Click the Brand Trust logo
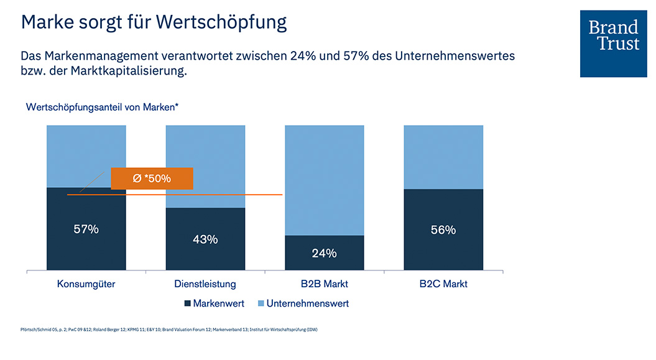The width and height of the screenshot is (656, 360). click(613, 44)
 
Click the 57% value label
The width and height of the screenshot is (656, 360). click(86, 229)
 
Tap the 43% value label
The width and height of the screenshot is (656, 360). click(205, 239)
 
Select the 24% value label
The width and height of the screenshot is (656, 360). click(324, 253)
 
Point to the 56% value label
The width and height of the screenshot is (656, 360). click(443, 229)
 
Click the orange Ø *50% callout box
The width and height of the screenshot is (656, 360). click(152, 178)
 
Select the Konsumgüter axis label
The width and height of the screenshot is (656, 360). click(86, 284)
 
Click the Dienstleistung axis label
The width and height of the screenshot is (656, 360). click(205, 284)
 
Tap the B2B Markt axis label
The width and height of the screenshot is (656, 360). click(324, 284)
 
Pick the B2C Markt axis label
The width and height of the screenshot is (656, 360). click(443, 284)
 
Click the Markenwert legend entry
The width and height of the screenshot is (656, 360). click(214, 303)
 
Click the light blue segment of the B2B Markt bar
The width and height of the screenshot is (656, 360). click(324, 180)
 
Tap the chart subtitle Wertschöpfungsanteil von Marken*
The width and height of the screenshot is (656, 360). click(103, 107)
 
